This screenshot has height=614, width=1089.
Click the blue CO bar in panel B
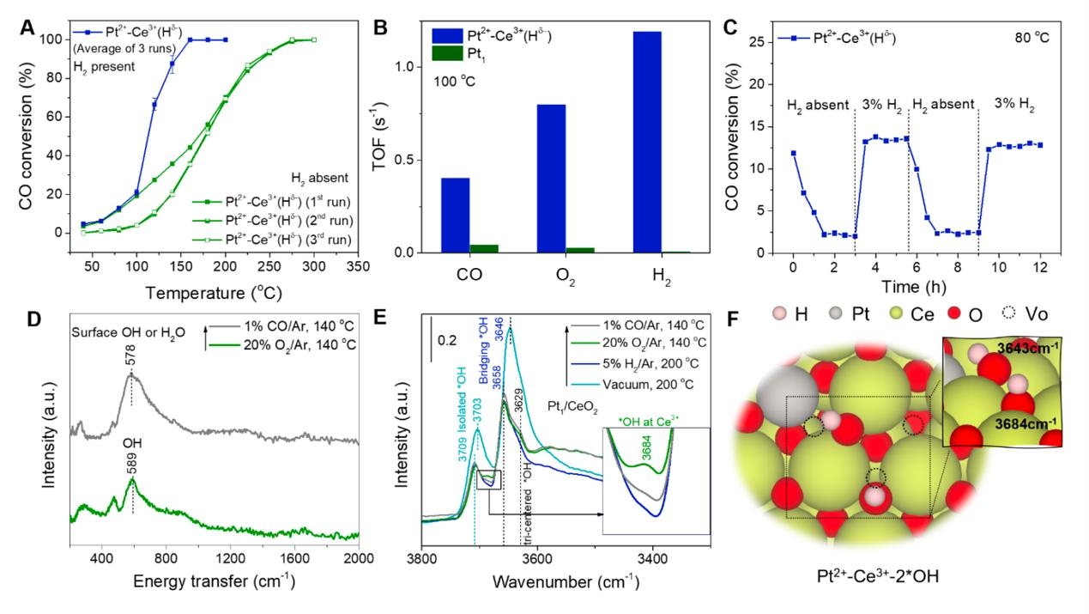click(x=455, y=215)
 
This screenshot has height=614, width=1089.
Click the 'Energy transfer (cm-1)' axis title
click(x=214, y=581)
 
